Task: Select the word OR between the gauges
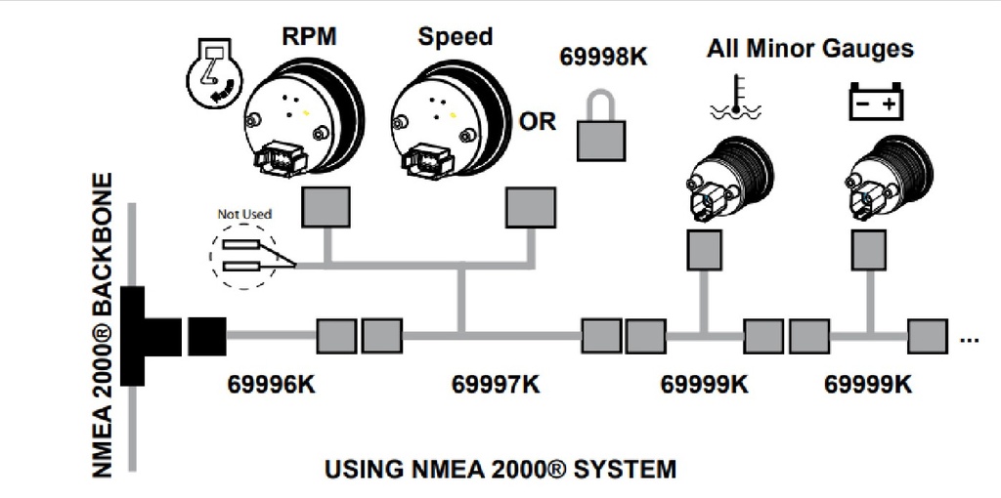pos(537,122)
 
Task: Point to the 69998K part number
pos(603,57)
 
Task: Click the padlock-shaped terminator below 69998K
pos(601,131)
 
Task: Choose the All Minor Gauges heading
pos(809,49)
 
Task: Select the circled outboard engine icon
pos(213,74)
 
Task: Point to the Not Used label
pos(243,214)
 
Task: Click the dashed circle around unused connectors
pos(243,255)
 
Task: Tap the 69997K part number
pos(496,384)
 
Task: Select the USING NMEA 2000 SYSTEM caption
pos(500,470)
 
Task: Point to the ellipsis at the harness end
pos(970,340)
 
